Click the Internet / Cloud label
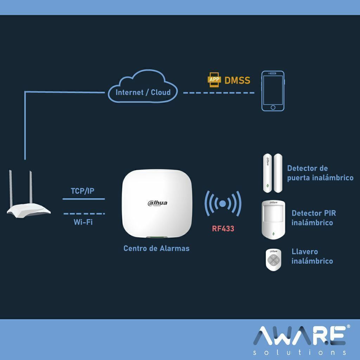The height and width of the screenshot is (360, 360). point(143,92)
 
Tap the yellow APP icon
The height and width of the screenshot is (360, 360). point(214,80)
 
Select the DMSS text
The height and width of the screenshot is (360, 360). point(237,81)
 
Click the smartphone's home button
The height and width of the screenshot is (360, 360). point(273,108)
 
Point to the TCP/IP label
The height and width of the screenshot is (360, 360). point(82,191)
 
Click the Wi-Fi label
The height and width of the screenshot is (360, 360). point(83,222)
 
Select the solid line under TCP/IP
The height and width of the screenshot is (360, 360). point(84,199)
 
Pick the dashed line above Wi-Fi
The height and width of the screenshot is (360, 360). point(84,213)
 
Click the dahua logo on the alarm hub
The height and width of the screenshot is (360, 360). point(157,203)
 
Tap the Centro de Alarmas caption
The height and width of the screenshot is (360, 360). point(156,248)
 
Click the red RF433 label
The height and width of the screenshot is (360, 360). point(223,229)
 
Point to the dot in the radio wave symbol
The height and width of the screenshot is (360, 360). point(223,204)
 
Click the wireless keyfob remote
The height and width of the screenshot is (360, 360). point(274,260)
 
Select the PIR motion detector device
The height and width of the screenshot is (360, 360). point(273,220)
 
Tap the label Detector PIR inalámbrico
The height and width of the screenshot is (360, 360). point(314,218)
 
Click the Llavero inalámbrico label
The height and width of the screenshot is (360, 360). point(312,256)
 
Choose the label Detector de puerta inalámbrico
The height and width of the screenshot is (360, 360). point(320,173)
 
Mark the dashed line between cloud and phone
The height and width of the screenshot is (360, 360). point(219,93)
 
